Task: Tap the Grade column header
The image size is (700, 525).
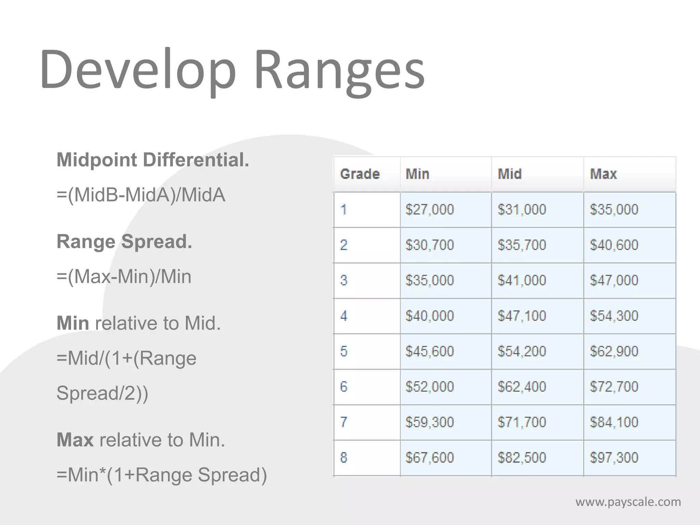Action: point(360,174)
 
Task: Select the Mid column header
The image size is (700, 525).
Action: point(510,174)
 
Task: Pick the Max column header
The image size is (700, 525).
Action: point(603,174)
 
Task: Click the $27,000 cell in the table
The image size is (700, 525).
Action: point(430,210)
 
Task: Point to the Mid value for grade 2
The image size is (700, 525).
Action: point(522,245)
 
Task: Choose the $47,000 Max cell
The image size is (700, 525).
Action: point(614,280)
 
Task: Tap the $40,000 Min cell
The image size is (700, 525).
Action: point(430,316)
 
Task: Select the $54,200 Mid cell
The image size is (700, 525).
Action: point(522,351)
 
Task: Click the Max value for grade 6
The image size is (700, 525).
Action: point(614,387)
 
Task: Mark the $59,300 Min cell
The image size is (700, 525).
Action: point(430,422)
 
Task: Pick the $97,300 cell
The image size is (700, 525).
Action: point(614,458)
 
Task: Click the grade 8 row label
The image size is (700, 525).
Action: point(344,458)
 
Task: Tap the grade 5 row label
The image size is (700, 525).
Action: point(344,351)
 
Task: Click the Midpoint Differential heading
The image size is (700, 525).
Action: point(153,160)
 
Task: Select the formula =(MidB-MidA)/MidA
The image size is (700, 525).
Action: point(141,195)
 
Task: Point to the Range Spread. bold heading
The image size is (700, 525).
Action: point(124,242)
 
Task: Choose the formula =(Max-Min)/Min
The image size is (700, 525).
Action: point(124,277)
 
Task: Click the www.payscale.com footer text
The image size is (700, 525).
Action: point(628,502)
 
